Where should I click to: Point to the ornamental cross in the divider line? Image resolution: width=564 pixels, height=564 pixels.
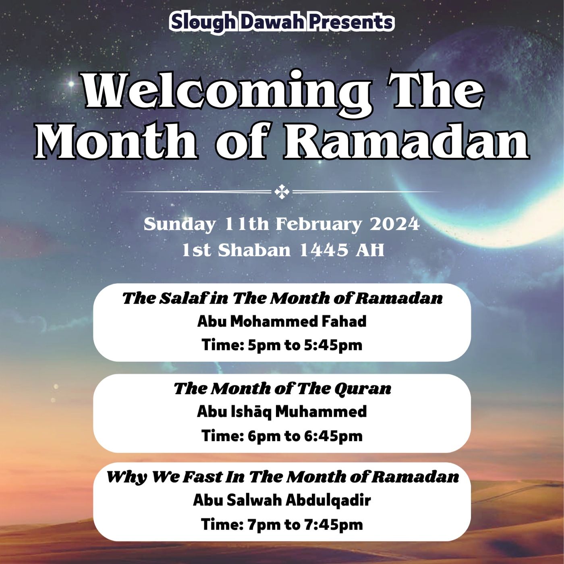282,192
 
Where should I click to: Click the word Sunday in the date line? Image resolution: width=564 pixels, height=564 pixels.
179,224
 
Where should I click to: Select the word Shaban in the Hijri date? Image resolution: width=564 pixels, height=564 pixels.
254,250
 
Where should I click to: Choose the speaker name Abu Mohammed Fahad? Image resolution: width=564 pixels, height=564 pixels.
282,321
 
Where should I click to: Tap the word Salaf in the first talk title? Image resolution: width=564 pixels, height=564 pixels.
184,298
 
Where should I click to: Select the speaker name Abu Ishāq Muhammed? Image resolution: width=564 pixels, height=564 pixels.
282,412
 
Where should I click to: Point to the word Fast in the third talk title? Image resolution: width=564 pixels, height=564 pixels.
201,477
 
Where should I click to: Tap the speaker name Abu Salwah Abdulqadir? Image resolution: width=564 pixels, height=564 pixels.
282,500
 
